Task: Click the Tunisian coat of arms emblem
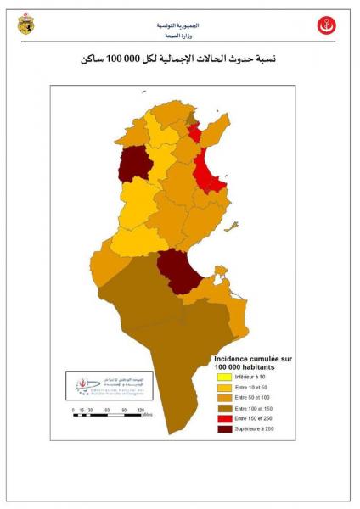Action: point(26,25)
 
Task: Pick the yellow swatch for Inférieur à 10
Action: point(224,376)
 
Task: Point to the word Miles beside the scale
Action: point(148,415)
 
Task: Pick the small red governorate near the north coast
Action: point(195,134)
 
